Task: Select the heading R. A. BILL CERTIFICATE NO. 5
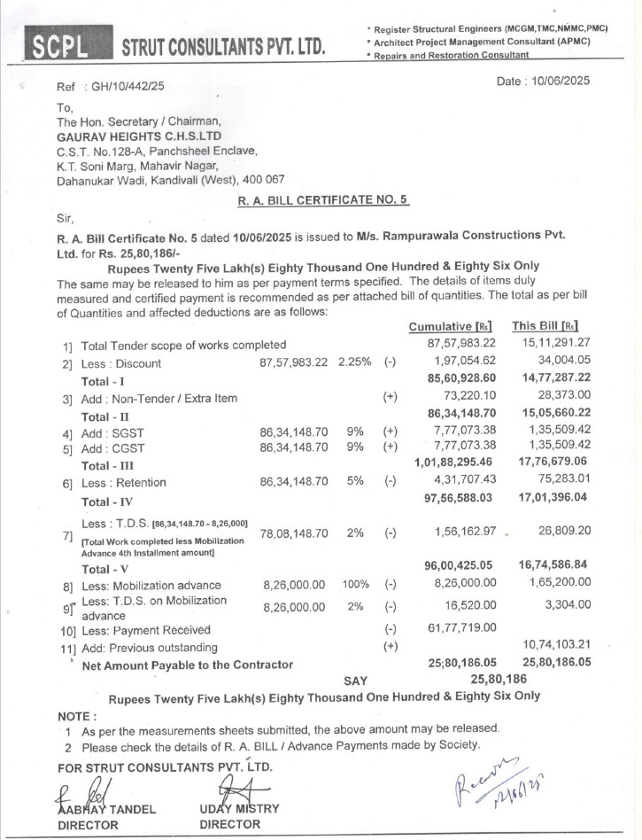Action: pos(323,200)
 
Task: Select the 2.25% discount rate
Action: pos(354,363)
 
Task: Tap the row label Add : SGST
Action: pos(120,432)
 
